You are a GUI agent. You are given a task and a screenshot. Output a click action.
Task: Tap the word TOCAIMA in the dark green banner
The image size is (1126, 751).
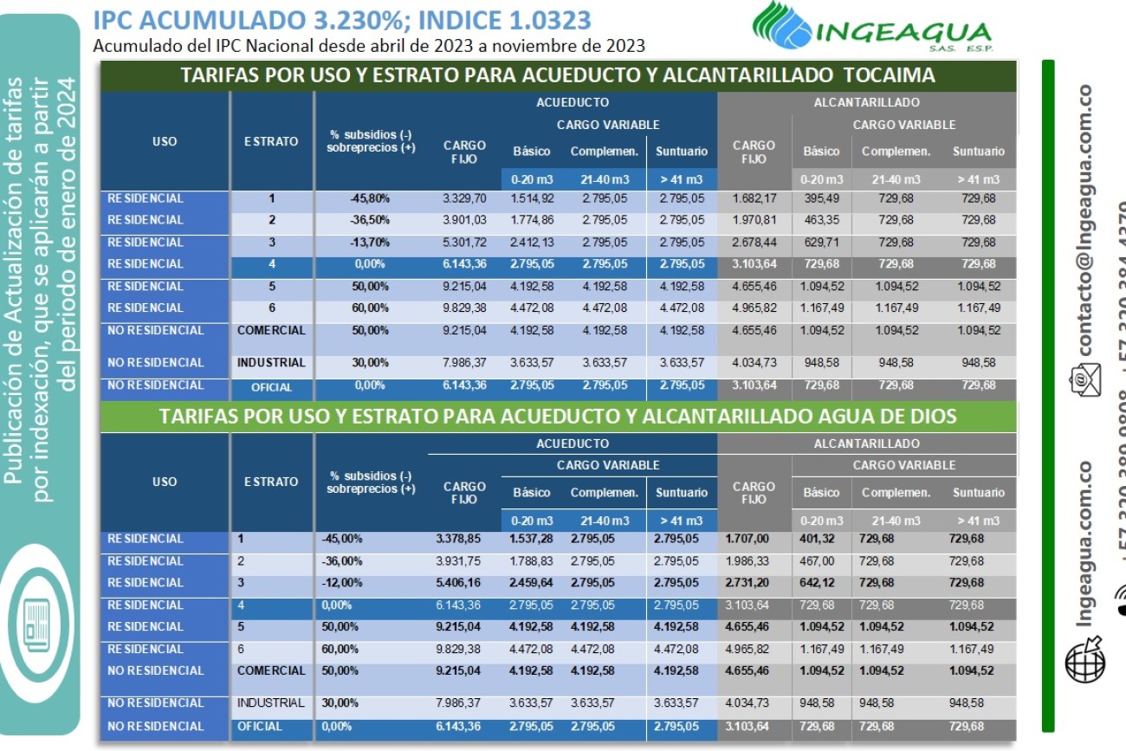click(894, 75)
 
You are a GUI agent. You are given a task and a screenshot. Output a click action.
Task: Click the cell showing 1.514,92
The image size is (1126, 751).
click(531, 198)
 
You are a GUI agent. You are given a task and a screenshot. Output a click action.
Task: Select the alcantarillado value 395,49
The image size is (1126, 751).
click(821, 198)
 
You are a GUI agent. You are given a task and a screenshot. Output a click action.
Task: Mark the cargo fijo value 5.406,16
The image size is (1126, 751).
click(457, 583)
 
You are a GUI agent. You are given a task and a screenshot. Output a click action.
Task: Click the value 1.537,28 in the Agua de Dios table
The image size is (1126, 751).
click(531, 539)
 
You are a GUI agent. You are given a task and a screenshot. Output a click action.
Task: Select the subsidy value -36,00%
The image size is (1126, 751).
click(341, 561)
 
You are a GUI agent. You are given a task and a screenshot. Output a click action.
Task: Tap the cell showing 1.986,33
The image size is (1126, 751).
click(747, 561)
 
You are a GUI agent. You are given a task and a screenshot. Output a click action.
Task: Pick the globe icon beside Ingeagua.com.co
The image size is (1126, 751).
click(1084, 655)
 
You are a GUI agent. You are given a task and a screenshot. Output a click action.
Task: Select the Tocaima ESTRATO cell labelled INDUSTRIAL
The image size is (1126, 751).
click(271, 363)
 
